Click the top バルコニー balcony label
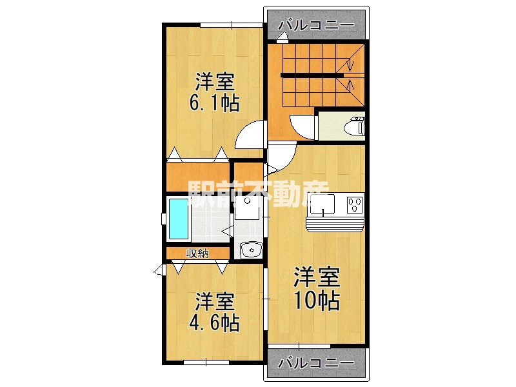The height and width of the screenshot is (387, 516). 316,25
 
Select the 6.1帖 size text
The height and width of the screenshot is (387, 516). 215,103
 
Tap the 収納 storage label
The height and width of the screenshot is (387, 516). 197,253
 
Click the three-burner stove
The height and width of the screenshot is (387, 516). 353,206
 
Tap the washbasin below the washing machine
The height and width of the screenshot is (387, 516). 249,250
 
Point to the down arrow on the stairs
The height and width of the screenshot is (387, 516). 349,64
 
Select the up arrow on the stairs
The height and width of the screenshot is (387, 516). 349,86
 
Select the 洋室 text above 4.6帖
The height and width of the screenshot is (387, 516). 215,301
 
